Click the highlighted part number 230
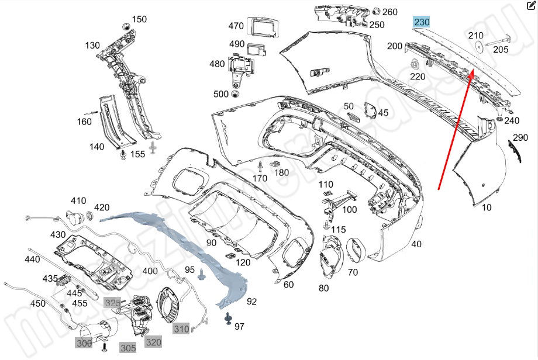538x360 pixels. (422, 22)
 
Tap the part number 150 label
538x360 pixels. (139, 19)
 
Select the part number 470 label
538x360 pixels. (236, 26)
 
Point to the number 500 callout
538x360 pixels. (221, 94)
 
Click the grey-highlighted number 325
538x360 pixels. (112, 302)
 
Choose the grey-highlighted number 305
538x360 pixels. (128, 348)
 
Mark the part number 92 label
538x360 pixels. (252, 302)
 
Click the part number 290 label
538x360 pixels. (520, 139)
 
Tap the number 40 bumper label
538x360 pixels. (416, 244)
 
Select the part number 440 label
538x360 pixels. (32, 259)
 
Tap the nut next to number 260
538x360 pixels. (377, 11)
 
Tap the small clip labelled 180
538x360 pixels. (273, 165)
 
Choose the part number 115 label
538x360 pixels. (339, 230)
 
